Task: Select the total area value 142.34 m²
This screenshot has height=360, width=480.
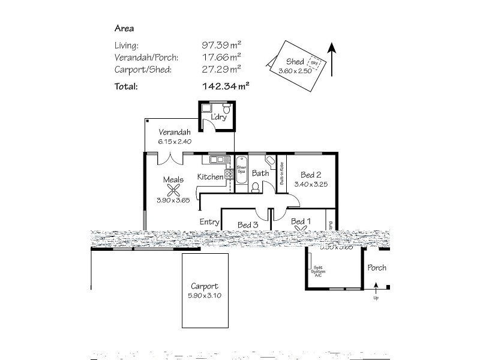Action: [226, 86]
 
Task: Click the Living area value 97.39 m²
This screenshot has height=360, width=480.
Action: [221, 45]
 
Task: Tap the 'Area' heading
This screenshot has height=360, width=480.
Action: [124, 28]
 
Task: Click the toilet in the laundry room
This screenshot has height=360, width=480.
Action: [226, 109]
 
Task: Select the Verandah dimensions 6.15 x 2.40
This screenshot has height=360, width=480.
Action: [175, 142]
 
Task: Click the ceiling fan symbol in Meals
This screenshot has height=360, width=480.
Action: [174, 190]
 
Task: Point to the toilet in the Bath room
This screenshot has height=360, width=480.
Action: [256, 187]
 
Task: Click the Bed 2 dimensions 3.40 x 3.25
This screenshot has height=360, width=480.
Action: [311, 184]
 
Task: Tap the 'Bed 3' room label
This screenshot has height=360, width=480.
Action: [247, 224]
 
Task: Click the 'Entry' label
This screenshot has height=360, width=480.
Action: [209, 221]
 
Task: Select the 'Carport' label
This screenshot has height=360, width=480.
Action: [205, 286]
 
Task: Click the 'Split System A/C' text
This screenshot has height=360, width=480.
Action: [317, 272]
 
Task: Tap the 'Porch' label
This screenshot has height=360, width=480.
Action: [377, 268]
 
